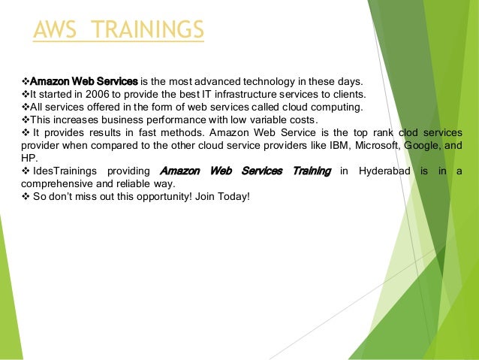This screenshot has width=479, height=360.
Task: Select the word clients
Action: coord(349,94)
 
